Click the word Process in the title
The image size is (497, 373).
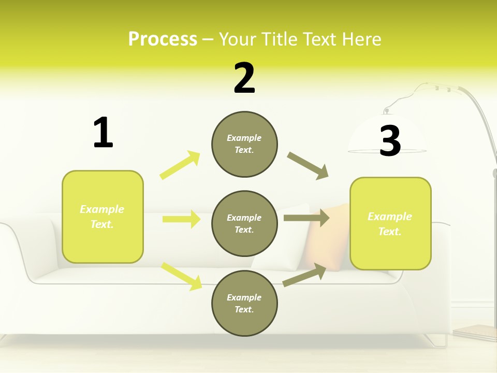163,39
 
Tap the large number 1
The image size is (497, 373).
103,133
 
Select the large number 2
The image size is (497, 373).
244,78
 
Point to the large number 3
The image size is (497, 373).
390,141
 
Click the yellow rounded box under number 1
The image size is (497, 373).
103,217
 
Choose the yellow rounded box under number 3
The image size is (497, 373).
390,223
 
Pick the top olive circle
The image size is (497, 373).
244,144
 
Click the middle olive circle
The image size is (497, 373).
244,223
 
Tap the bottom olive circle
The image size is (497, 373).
244,303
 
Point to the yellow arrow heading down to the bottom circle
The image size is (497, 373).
182,276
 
